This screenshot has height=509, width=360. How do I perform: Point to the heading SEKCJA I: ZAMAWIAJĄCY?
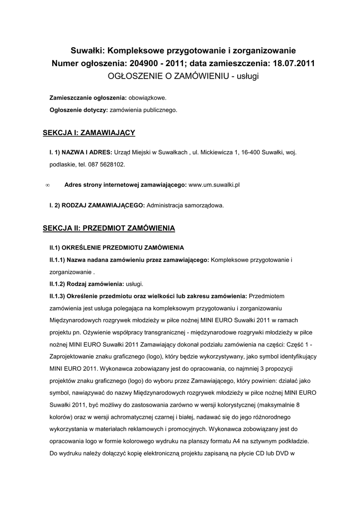click(x=89, y=133)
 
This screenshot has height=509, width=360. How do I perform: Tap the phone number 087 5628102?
click(x=107, y=164)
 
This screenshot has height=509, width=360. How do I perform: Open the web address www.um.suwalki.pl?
click(x=214, y=184)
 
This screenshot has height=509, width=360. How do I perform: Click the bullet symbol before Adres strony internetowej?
click(x=47, y=185)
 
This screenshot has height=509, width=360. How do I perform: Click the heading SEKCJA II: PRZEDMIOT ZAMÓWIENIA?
click(x=109, y=228)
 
